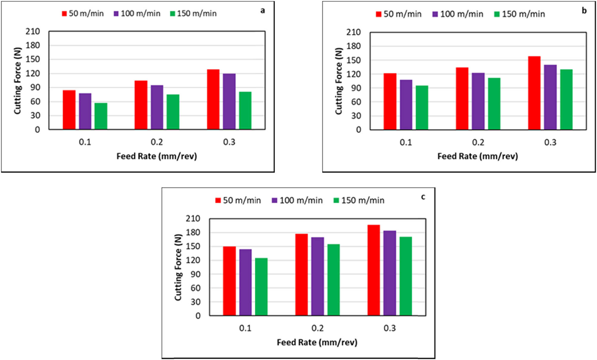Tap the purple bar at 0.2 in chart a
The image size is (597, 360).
click(157, 107)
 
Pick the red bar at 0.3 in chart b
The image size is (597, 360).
click(534, 93)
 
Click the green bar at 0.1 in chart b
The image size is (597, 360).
click(422, 108)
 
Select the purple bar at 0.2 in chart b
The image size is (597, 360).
click(478, 101)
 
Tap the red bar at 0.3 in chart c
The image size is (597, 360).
click(373, 270)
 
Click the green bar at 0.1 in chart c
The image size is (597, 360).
click(261, 287)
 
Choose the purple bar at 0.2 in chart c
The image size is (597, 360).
click(317, 276)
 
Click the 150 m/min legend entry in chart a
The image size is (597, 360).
click(193, 13)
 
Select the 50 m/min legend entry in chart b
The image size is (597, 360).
click(398, 14)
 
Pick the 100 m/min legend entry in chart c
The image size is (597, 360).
click(297, 200)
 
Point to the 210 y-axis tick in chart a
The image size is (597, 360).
click(33, 31)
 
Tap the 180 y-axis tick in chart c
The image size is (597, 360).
click(193, 232)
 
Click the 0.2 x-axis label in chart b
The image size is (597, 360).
click(478, 142)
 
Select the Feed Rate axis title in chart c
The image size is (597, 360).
click(317, 342)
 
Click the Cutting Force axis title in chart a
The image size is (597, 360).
click(18, 81)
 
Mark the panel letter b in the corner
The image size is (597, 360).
click(584, 11)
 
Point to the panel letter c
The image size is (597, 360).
click(423, 197)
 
